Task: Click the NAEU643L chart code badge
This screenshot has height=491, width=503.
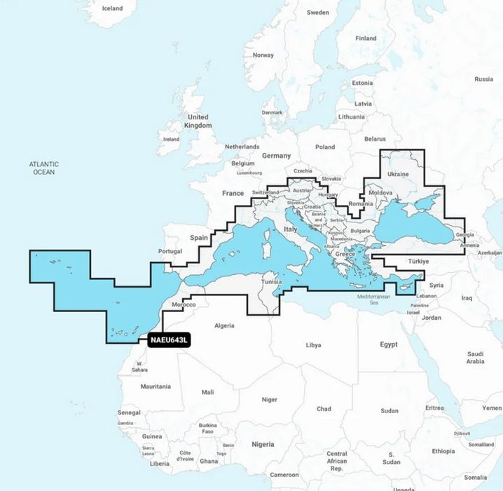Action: coord(169,341)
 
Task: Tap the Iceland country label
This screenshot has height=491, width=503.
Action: coord(112,8)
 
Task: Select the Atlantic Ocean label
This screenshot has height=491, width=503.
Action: coord(43,167)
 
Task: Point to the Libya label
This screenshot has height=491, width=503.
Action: coord(314,345)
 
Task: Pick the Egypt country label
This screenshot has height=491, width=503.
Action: coord(388,344)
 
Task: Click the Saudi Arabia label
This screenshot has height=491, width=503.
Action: coord(475,358)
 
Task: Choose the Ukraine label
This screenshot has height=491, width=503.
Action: coord(398,173)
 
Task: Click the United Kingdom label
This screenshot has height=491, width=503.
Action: coord(198,121)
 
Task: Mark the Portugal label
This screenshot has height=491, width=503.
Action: coord(170,251)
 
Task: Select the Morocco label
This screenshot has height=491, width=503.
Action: coord(184,305)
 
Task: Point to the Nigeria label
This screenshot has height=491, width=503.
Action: coord(263,444)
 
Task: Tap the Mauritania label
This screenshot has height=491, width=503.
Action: coord(156,386)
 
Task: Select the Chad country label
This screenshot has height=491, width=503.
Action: coord(324,408)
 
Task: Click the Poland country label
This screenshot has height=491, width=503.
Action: coord(325,147)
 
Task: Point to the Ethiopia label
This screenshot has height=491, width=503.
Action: coord(442,451)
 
